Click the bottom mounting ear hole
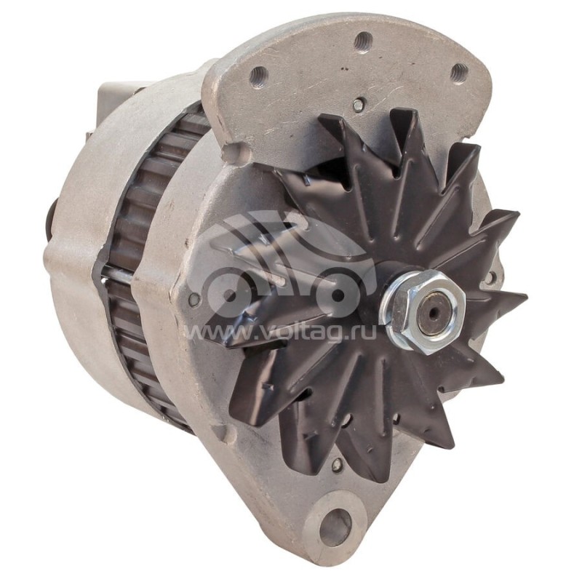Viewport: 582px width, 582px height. coord(335,526)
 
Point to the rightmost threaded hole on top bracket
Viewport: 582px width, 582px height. coord(458,72)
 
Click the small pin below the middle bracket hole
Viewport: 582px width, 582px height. coord(357,105)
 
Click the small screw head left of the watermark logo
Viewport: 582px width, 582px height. coord(195,299)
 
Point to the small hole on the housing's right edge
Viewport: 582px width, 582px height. coord(493,277)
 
